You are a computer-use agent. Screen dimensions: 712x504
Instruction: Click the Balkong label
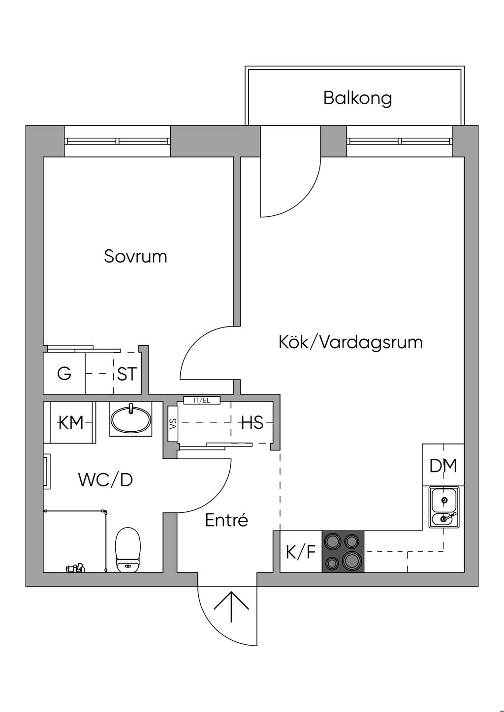(357, 98)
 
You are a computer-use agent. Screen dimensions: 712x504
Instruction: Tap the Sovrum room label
(135, 256)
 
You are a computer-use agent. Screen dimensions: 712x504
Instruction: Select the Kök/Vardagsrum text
(350, 342)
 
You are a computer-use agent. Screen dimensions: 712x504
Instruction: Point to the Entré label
(226, 520)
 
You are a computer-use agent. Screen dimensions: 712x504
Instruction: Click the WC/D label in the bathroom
(105, 480)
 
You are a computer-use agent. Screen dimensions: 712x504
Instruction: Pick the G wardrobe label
(64, 374)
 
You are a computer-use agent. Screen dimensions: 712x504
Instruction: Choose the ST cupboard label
(127, 374)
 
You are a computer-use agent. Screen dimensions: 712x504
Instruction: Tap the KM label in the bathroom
(71, 422)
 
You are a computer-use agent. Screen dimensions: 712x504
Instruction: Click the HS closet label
(252, 422)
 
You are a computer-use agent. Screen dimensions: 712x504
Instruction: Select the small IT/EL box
(202, 400)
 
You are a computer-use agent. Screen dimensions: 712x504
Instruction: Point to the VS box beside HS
(173, 423)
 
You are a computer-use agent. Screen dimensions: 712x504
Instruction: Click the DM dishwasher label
(443, 466)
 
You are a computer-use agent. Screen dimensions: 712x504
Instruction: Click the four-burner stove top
(343, 551)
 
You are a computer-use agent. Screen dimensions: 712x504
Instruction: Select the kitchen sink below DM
(443, 507)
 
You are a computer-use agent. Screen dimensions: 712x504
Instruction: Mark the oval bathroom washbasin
(131, 419)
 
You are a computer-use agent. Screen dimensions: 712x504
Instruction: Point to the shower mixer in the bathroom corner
(75, 568)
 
